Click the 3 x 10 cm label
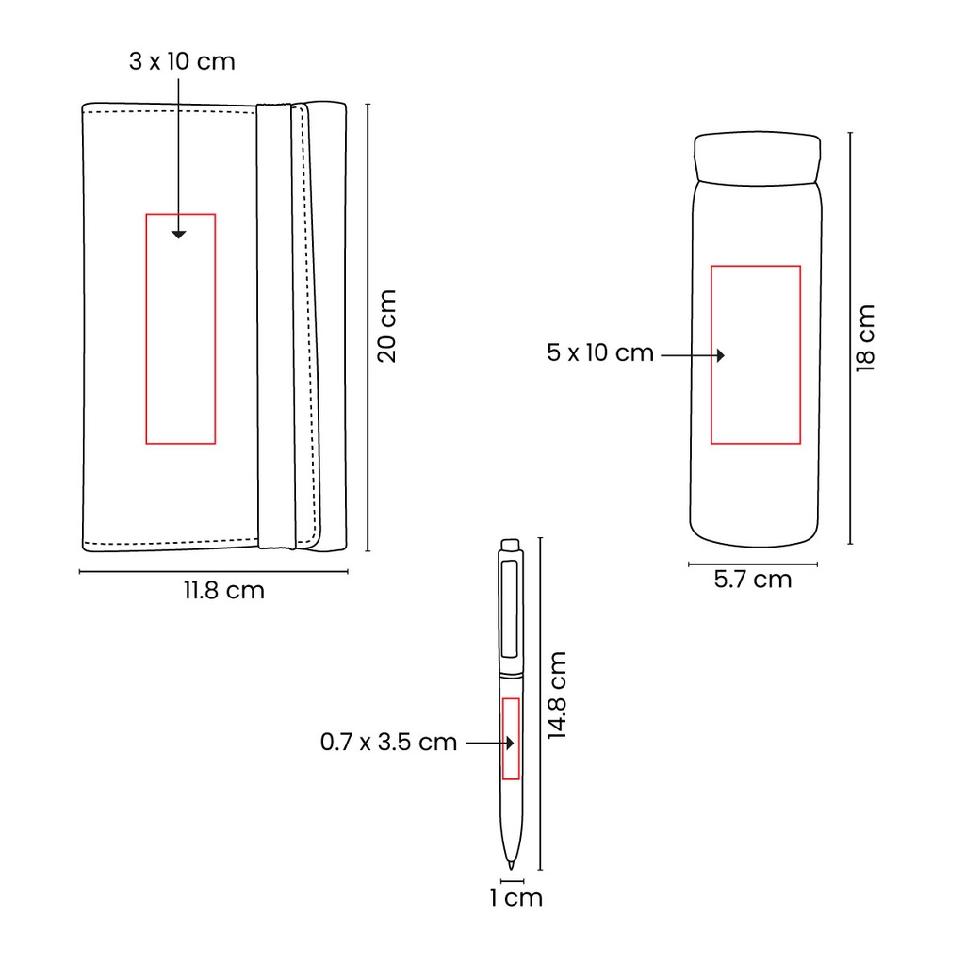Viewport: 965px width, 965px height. click(x=182, y=63)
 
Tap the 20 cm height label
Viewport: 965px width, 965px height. click(x=387, y=326)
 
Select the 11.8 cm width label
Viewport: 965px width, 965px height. click(x=223, y=591)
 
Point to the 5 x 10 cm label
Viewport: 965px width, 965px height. click(x=600, y=353)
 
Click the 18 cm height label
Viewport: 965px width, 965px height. click(x=865, y=337)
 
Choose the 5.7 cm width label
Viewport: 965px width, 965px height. click(x=753, y=580)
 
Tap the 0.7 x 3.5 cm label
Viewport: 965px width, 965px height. click(x=388, y=743)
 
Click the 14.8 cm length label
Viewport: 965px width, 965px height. click(x=558, y=695)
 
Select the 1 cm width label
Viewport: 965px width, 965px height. click(x=516, y=898)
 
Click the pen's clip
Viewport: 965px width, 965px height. click(x=511, y=611)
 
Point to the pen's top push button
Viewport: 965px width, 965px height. click(x=511, y=545)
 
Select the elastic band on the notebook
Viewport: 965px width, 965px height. click(x=276, y=326)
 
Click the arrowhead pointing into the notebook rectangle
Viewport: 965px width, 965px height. click(x=179, y=234)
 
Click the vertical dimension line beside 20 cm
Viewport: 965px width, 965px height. click(x=367, y=326)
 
